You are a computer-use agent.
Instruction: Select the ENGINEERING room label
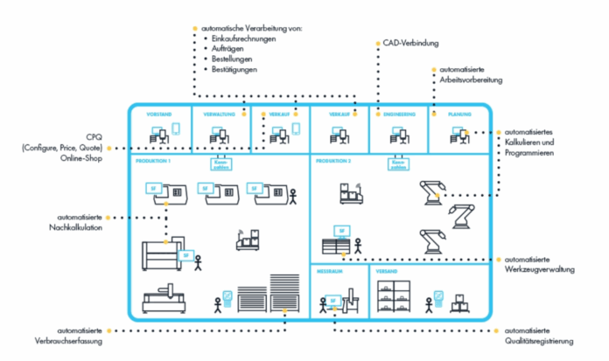pyautogui.click(x=398, y=115)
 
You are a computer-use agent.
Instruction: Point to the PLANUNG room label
pyautogui.click(x=458, y=115)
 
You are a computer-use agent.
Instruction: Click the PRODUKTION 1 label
pyautogui.click(x=153, y=162)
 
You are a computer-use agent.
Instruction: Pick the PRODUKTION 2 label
pyautogui.click(x=333, y=162)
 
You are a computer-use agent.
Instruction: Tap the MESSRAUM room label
pyautogui.click(x=329, y=272)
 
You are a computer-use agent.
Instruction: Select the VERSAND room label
pyautogui.click(x=386, y=272)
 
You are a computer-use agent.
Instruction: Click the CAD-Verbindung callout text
pyautogui.click(x=410, y=42)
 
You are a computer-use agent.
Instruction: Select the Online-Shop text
pyautogui.click(x=82, y=159)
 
